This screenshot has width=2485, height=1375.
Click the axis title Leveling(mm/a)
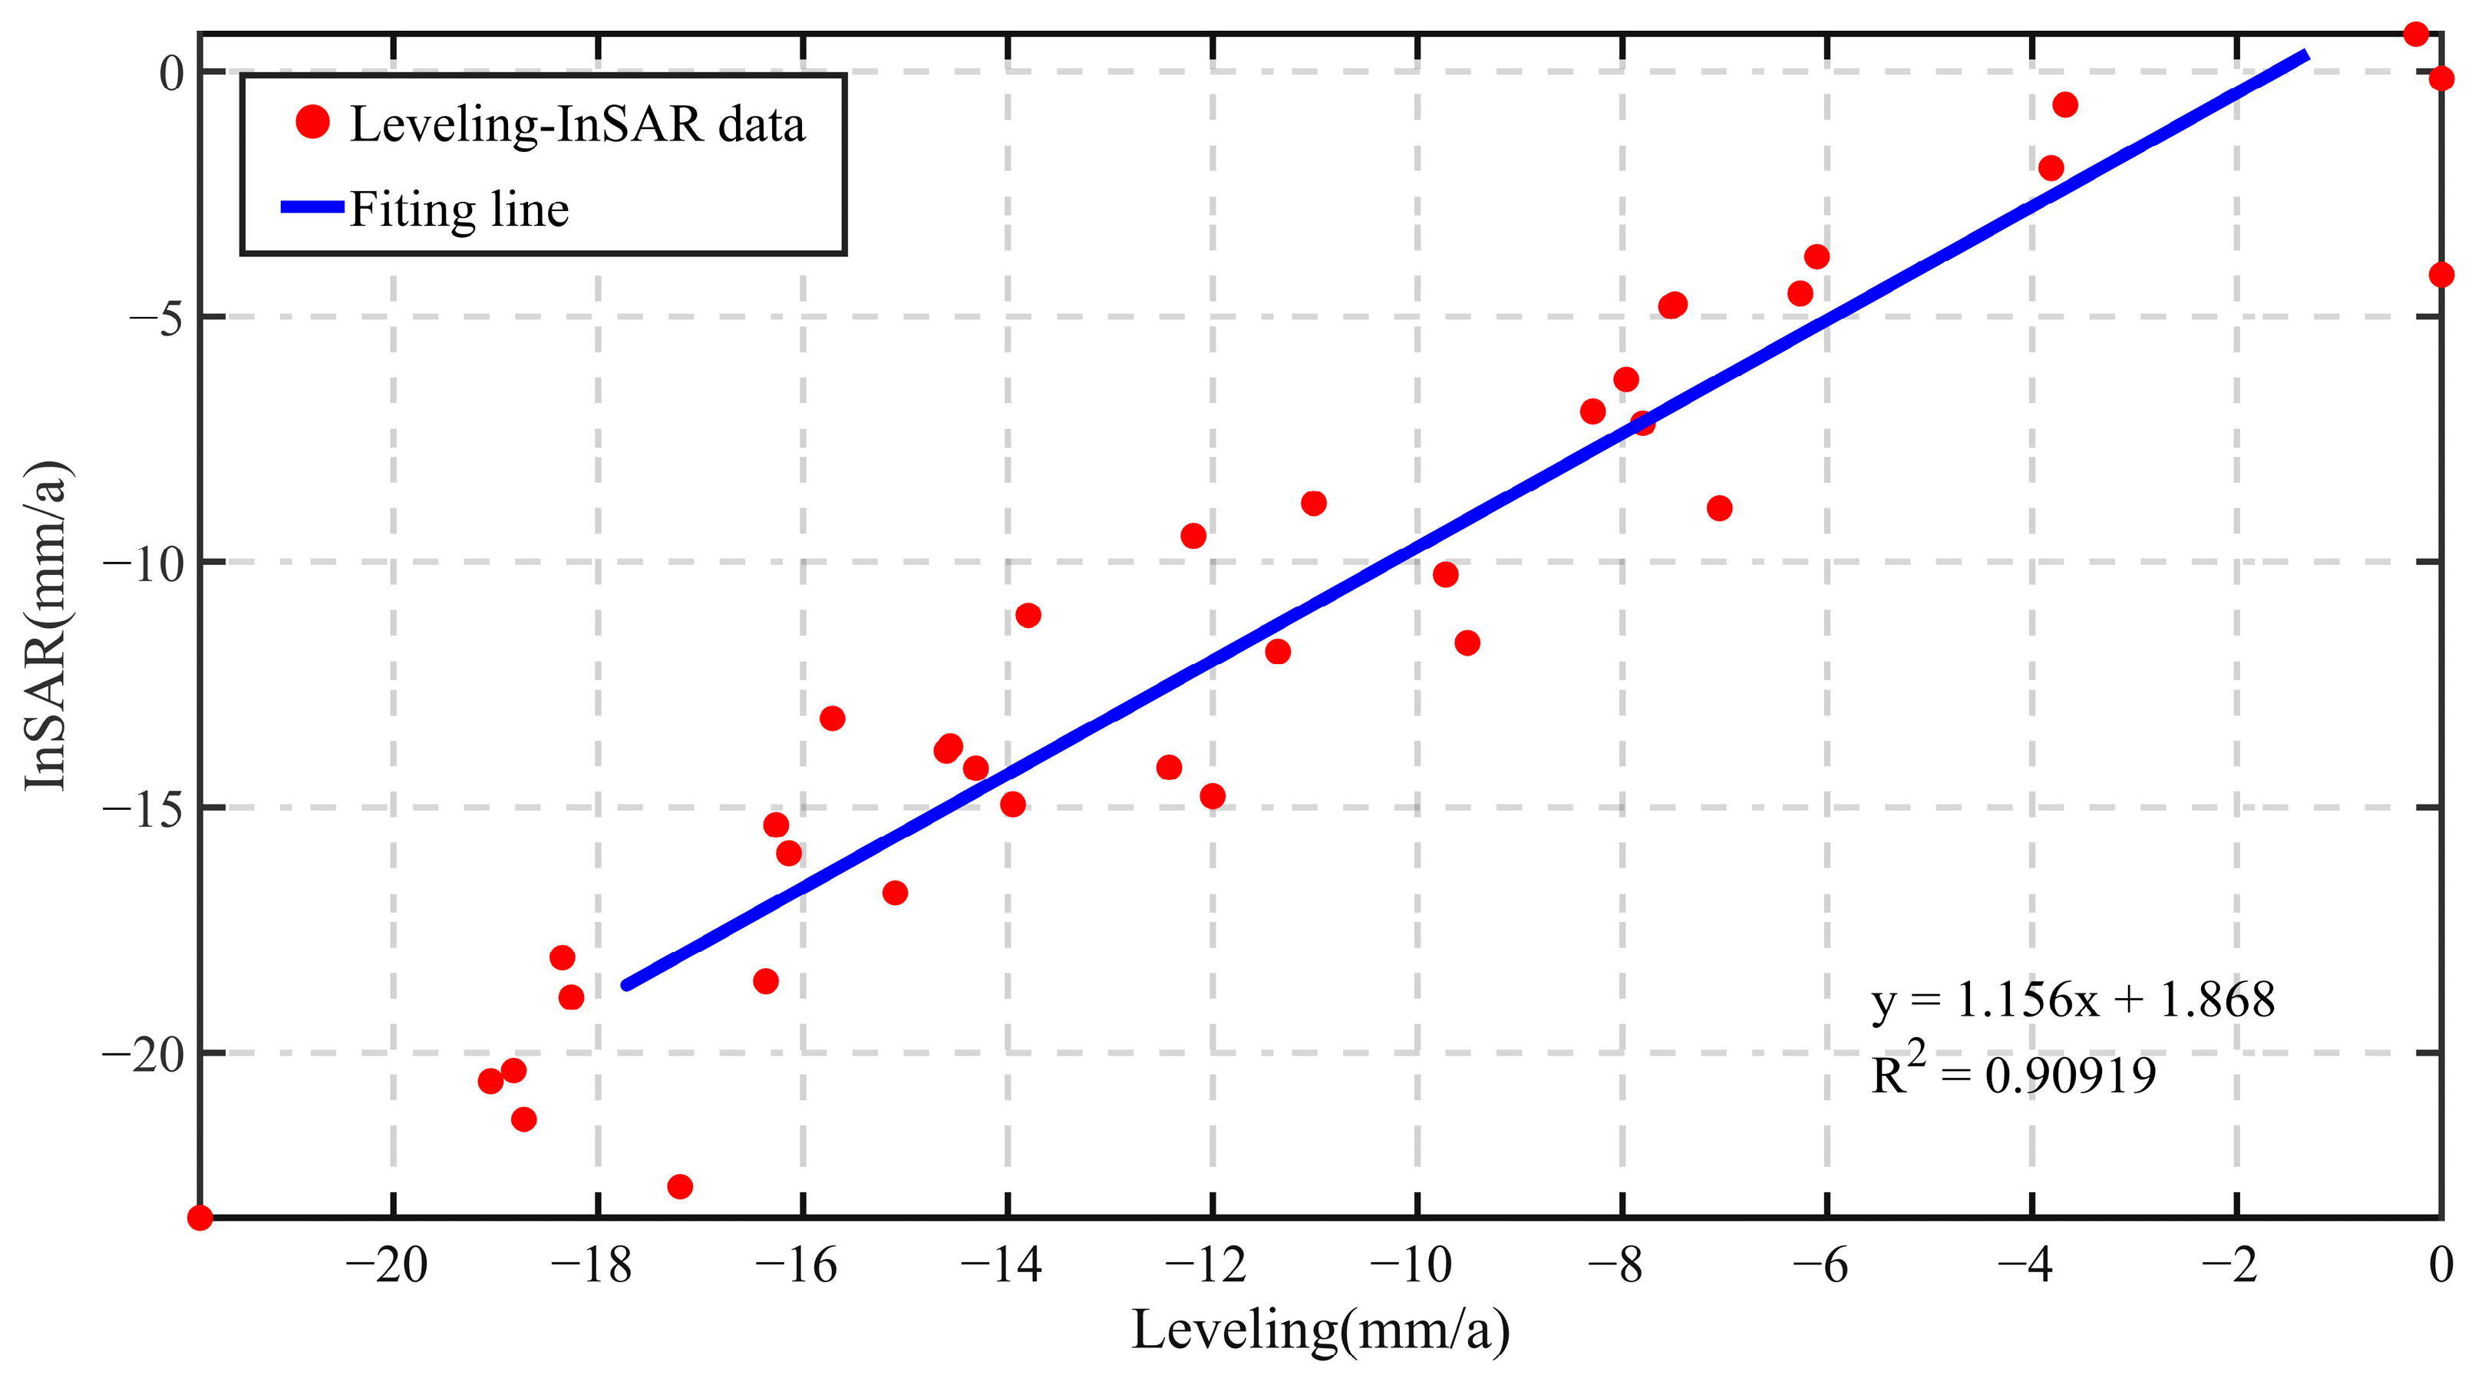point(1320,1330)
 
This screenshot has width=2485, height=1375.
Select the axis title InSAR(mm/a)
point(45,624)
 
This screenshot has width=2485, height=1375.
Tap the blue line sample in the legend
point(312,207)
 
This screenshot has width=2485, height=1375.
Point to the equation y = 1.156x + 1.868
point(2072,1000)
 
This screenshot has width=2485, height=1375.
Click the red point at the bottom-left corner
point(200,1218)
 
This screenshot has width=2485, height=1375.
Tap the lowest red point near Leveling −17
point(680,1186)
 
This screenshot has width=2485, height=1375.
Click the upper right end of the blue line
point(2305,55)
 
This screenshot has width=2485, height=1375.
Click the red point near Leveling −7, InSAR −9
point(1719,508)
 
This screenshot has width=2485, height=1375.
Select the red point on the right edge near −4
point(2440,275)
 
